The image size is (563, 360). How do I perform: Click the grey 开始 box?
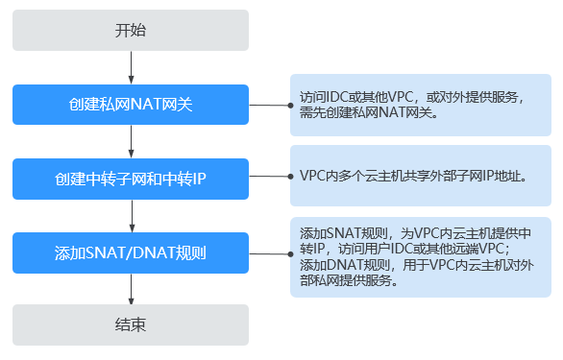(130, 30)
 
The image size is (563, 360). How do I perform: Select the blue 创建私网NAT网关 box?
(130, 104)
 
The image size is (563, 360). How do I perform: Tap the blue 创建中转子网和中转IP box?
(130, 179)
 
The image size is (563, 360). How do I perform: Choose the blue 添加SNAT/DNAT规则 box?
(130, 253)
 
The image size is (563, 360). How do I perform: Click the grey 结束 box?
(130, 325)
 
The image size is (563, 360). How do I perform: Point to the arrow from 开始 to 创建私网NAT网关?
(130, 66)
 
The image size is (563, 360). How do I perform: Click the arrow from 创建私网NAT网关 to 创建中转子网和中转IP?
(130, 141)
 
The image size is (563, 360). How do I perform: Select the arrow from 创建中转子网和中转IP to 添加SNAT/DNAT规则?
(130, 216)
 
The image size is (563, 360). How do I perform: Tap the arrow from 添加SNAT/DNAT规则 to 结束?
(130, 289)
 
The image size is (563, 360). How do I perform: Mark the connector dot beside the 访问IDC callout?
(289, 104)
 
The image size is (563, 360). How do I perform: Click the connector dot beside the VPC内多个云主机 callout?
(289, 179)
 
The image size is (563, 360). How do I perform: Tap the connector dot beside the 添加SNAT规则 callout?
(289, 253)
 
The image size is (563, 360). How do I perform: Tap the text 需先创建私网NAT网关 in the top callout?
(368, 112)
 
